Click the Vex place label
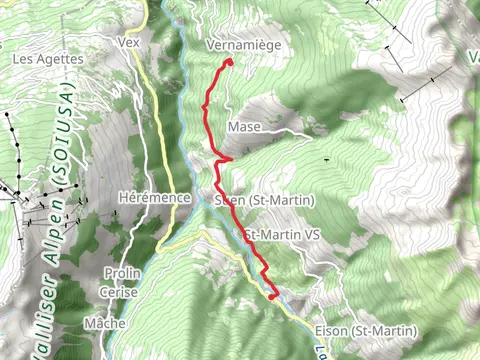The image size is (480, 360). coord(127,43)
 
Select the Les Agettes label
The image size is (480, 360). coord(47,59)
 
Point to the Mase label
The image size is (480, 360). coord(244,127)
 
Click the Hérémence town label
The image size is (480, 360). coord(154,198)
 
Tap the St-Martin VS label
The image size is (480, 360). coord(283,235)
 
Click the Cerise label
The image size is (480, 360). coord(120,292)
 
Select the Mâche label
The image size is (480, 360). coord(105,324)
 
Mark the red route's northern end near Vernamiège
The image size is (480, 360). coord(230,62)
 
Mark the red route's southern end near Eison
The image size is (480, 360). coord(273,296)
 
